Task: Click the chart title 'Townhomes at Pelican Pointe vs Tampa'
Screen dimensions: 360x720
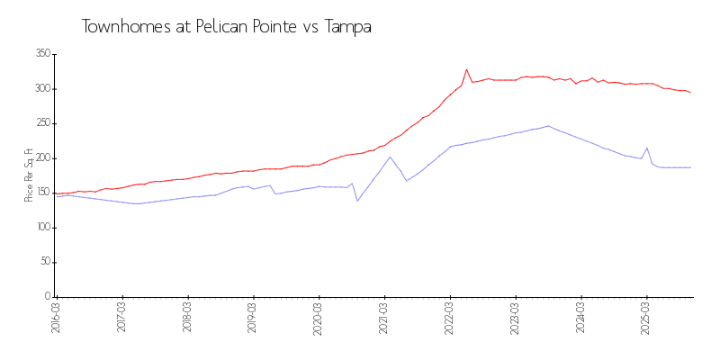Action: pyautogui.click(x=226, y=27)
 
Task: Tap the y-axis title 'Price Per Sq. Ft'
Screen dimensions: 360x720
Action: pyautogui.click(x=29, y=175)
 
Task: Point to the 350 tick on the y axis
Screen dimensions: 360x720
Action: pyautogui.click(x=42, y=54)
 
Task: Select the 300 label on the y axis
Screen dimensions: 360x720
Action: pyautogui.click(x=42, y=88)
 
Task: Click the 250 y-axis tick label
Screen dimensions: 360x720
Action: pyautogui.click(x=42, y=123)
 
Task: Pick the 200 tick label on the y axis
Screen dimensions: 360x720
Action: pyautogui.click(x=42, y=157)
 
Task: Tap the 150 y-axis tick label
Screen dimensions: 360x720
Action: pyautogui.click(x=42, y=193)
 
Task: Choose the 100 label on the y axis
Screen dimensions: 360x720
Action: pyautogui.click(x=42, y=227)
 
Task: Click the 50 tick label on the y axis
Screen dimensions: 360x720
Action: pyautogui.click(x=44, y=262)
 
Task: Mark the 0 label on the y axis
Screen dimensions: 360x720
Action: pyautogui.click(x=47, y=296)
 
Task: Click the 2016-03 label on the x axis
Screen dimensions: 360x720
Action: pyautogui.click(x=56, y=318)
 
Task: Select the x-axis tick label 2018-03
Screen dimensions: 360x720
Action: pyautogui.click(x=187, y=318)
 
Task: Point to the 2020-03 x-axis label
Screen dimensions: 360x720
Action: pyautogui.click(x=319, y=318)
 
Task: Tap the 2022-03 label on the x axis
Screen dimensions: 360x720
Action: pyautogui.click(x=450, y=318)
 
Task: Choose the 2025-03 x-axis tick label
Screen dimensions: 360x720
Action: pyautogui.click(x=646, y=318)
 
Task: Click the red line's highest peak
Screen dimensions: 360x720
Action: pyautogui.click(x=466, y=69)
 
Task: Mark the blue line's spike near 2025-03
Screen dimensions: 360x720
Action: pyautogui.click(x=647, y=148)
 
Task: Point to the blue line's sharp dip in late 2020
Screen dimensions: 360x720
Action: pyautogui.click(x=357, y=201)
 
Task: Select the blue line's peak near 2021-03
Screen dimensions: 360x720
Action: pyautogui.click(x=390, y=157)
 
